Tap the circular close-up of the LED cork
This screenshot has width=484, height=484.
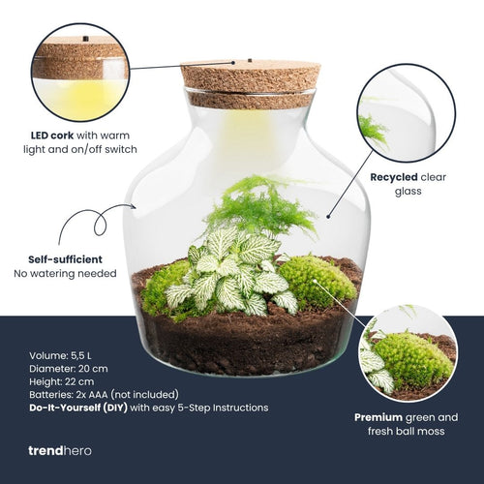click(79, 73)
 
